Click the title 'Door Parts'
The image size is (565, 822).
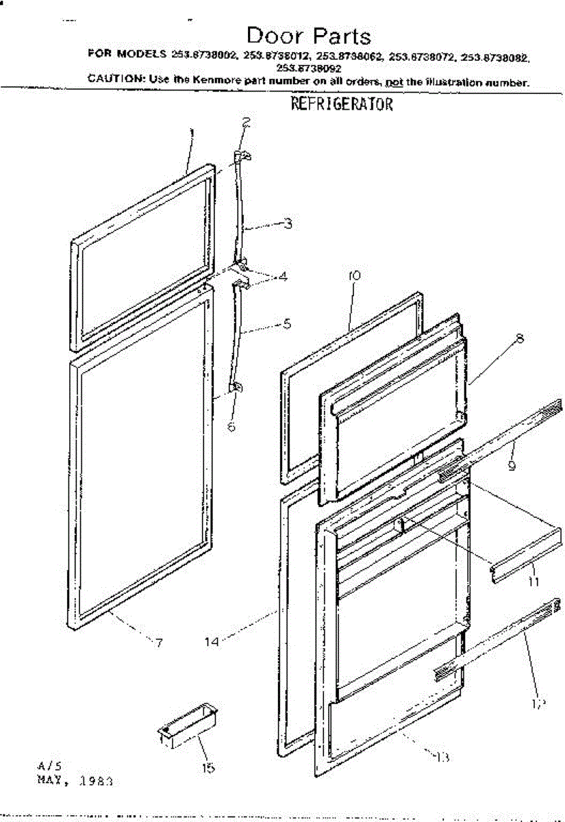point(308,36)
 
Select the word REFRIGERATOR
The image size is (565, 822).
point(342,105)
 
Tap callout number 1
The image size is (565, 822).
point(192,132)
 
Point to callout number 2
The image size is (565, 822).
point(246,123)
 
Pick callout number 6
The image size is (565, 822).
point(231,426)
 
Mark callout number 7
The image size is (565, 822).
point(159,643)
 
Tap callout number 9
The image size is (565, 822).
point(512,465)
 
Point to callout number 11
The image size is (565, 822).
point(533,582)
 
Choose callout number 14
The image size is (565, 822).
point(212,642)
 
